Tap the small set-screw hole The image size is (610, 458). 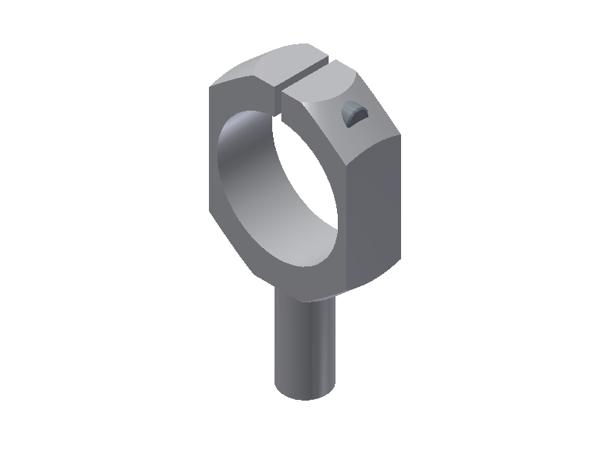click(x=352, y=114)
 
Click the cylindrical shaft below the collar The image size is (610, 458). click(x=305, y=343)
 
